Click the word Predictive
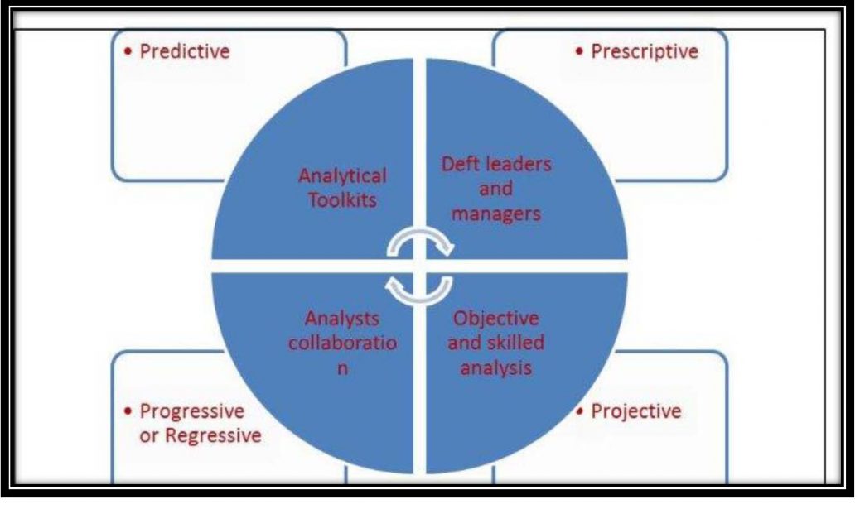point(185,51)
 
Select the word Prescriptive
point(645,52)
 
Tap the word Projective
point(635,411)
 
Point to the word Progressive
point(192,411)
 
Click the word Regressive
point(214,435)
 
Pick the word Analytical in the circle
point(342,176)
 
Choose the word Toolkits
point(342,200)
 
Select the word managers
point(495,214)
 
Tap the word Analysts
point(342,319)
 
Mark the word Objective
point(495,319)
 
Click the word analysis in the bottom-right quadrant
point(495,367)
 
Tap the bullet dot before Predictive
point(128,52)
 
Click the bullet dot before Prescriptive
point(579,52)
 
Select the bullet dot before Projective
point(579,411)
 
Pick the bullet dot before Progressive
point(128,411)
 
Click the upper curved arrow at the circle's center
point(420,233)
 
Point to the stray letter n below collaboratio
point(342,369)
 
